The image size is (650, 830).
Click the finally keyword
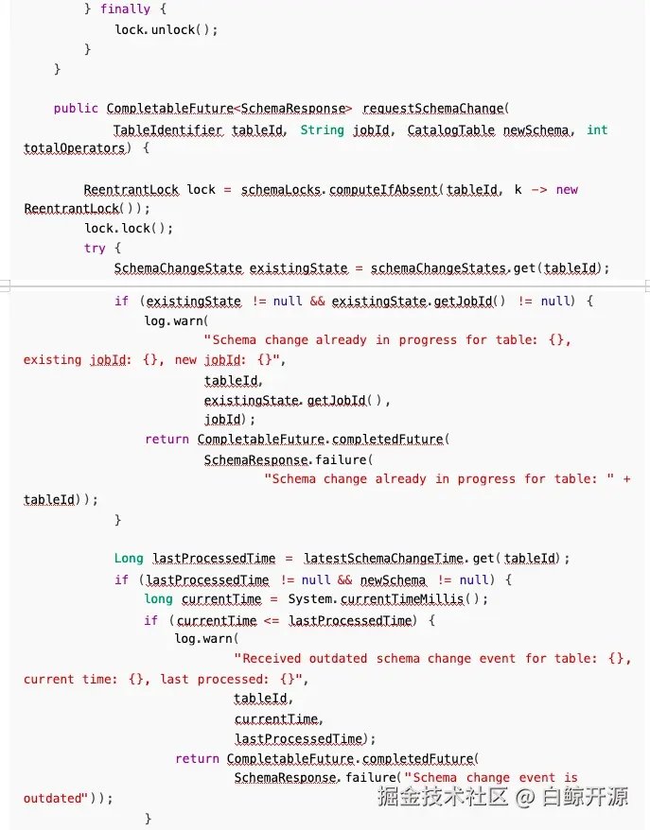coord(125,9)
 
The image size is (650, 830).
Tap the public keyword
coord(76,109)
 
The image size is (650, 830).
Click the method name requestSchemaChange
coord(432,109)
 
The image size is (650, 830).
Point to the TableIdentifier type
coord(167,130)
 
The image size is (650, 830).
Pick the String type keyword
coord(322,130)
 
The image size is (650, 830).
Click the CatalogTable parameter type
coord(451,130)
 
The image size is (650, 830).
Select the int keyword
coord(597,130)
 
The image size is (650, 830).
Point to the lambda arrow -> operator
coord(538,189)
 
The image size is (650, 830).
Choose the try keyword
coord(95,249)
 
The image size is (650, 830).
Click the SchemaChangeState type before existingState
coord(179,268)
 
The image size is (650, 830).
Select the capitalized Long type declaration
coord(129,559)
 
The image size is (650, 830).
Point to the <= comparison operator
coord(272,620)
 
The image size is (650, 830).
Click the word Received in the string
coord(272,659)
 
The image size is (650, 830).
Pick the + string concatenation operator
coord(626,479)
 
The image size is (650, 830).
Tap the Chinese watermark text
coord(503,797)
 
